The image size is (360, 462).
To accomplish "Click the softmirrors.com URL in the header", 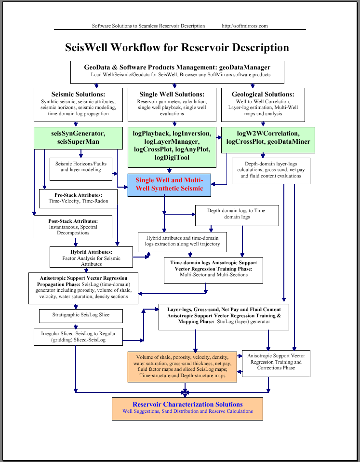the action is (x=245, y=26).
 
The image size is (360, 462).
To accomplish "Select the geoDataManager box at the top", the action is (x=177, y=72).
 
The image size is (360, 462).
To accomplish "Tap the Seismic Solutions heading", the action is (x=78, y=95).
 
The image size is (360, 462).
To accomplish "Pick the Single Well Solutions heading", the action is (x=172, y=95).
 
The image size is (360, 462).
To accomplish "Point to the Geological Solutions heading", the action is (x=263, y=95).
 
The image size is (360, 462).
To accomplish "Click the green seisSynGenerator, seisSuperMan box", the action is (x=78, y=138).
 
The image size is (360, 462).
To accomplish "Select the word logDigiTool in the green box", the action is (x=172, y=158).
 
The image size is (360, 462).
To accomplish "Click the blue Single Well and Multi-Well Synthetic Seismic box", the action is (x=169, y=185).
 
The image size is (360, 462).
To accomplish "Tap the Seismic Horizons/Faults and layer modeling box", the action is (x=81, y=169).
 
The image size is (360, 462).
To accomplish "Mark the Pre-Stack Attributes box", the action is (x=78, y=199).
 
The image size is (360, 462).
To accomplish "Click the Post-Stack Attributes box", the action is (x=73, y=227).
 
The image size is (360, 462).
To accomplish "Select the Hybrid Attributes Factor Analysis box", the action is (x=91, y=257).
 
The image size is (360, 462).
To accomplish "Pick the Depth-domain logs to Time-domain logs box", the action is (x=237, y=216).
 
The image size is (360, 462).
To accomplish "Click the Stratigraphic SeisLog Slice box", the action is (x=81, y=316).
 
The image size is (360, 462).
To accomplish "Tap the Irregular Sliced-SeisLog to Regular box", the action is (x=78, y=337).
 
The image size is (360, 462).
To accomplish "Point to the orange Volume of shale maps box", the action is (x=182, y=367).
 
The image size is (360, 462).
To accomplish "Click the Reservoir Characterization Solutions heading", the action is (x=187, y=404).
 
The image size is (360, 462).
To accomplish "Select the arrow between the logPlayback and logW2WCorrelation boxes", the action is (x=219, y=137).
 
